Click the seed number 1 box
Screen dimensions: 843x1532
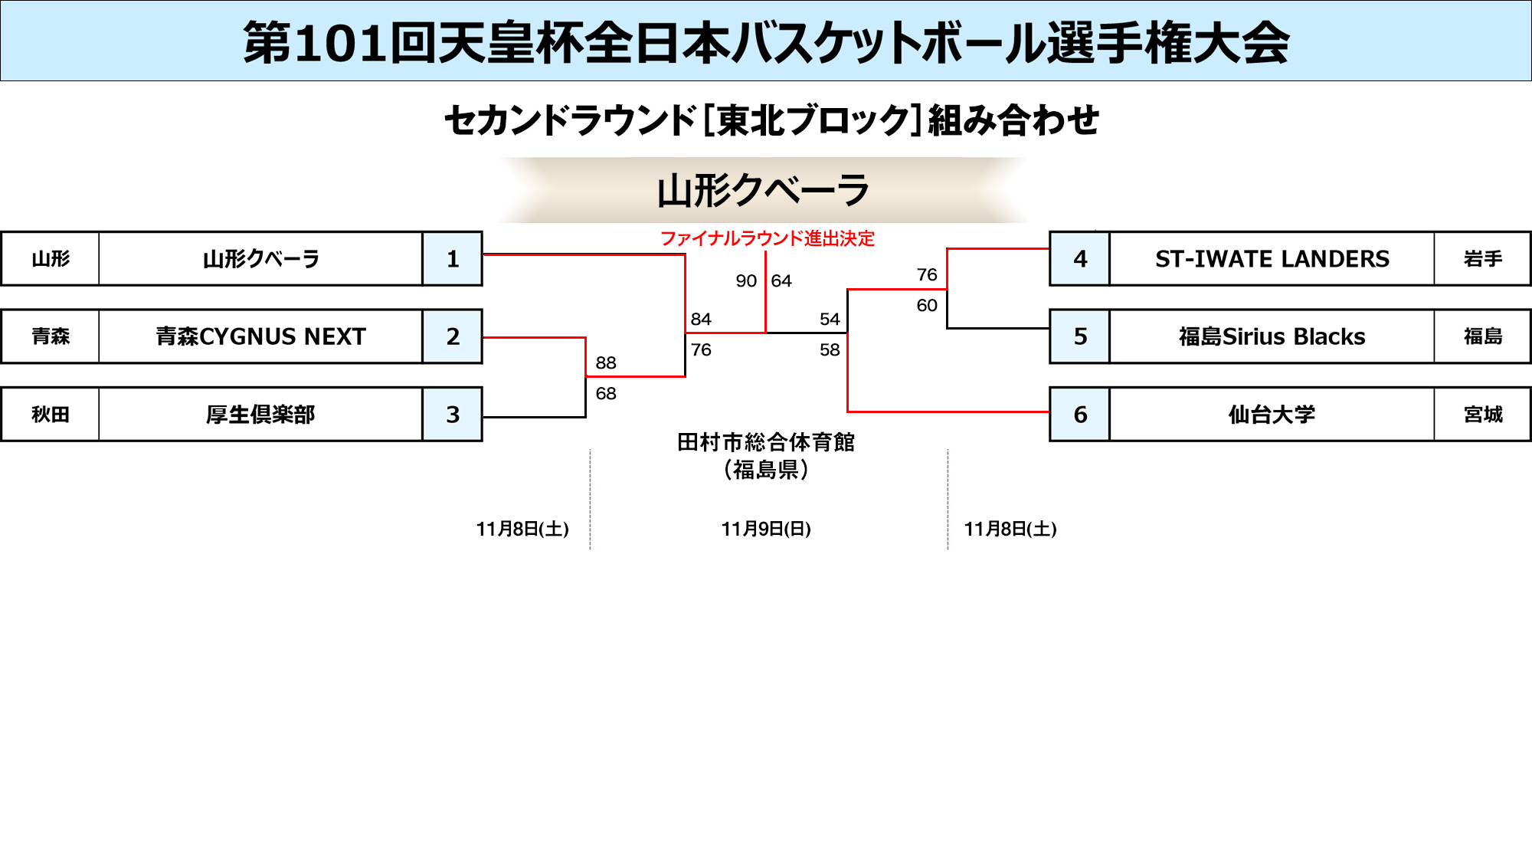(x=453, y=259)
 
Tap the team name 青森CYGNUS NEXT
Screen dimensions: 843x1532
(x=260, y=336)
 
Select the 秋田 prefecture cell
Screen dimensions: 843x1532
(x=51, y=415)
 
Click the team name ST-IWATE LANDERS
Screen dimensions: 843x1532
(x=1272, y=259)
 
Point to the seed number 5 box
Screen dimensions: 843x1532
(x=1080, y=336)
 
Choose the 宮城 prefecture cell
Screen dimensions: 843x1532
(x=1483, y=415)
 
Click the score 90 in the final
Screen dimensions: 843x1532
(x=746, y=281)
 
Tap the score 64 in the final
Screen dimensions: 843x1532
(x=781, y=281)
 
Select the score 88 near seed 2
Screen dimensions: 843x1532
(x=606, y=362)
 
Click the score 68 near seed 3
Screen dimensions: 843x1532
(x=606, y=393)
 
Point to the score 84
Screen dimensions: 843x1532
(x=701, y=320)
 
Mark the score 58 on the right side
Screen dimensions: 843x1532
(x=830, y=350)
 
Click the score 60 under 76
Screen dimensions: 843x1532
(x=927, y=306)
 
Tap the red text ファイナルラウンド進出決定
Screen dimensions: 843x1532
(x=767, y=238)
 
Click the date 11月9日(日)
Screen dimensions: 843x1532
(x=766, y=529)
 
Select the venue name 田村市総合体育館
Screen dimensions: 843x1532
(x=766, y=442)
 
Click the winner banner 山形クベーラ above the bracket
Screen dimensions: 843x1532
(x=764, y=191)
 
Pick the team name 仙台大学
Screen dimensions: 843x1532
(x=1272, y=415)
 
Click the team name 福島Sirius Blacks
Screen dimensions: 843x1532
(x=1272, y=336)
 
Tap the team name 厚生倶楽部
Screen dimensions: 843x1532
(x=260, y=415)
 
